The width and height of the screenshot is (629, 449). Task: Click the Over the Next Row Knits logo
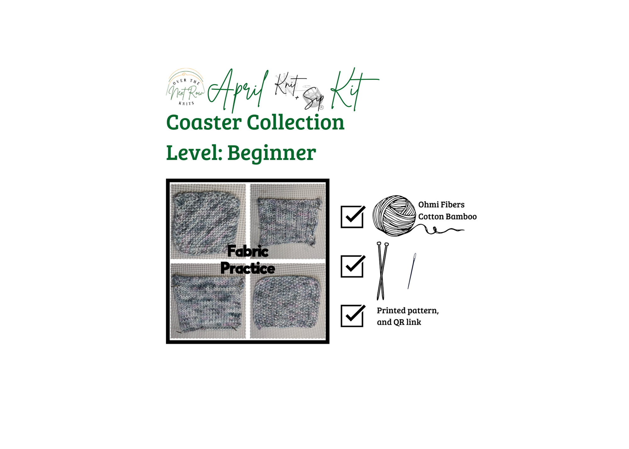tap(186, 87)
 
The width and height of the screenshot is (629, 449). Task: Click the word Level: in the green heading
tap(194, 153)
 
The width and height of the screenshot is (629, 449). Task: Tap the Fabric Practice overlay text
tap(248, 260)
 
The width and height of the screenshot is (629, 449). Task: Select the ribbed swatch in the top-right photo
tap(289, 222)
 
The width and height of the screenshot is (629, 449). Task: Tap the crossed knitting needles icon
tap(382, 271)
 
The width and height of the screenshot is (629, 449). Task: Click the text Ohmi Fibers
tap(441, 205)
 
